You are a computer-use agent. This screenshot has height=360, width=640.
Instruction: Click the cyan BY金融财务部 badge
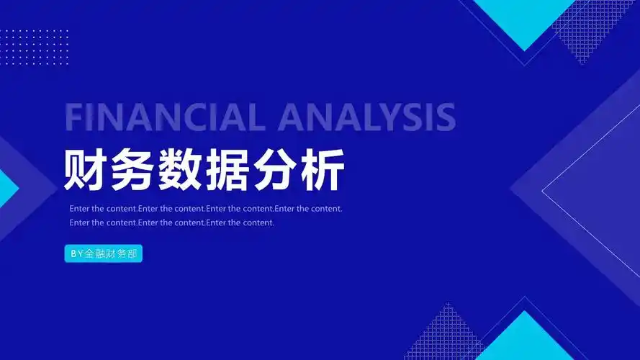104,254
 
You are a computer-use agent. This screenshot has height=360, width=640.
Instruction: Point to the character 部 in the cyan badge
132,254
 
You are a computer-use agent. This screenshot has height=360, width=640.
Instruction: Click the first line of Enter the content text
206,209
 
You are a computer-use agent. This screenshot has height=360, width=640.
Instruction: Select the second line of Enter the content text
172,222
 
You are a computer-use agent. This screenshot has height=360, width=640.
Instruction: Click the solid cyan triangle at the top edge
525,18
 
